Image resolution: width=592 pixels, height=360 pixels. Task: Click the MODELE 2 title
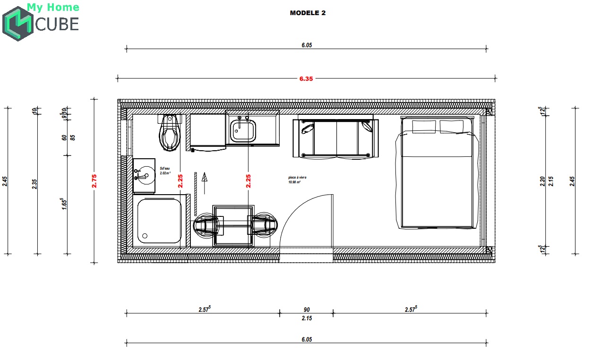(x=308, y=13)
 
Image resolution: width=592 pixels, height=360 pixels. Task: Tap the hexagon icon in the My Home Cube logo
(x=17, y=24)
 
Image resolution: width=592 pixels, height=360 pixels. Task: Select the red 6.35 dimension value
(x=306, y=79)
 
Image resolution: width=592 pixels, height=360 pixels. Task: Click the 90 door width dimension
(x=307, y=310)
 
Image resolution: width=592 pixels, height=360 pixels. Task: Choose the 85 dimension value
(x=73, y=137)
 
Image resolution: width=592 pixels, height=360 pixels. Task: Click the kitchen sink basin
(x=243, y=130)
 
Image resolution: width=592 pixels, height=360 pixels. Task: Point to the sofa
(x=335, y=138)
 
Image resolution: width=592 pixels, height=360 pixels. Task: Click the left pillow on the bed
(x=424, y=127)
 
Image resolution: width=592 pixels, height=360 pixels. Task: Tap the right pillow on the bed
(x=452, y=127)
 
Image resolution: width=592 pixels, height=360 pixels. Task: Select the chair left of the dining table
(x=206, y=226)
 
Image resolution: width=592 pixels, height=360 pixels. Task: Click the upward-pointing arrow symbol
(x=205, y=182)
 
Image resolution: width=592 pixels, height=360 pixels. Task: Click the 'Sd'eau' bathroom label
(x=164, y=171)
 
